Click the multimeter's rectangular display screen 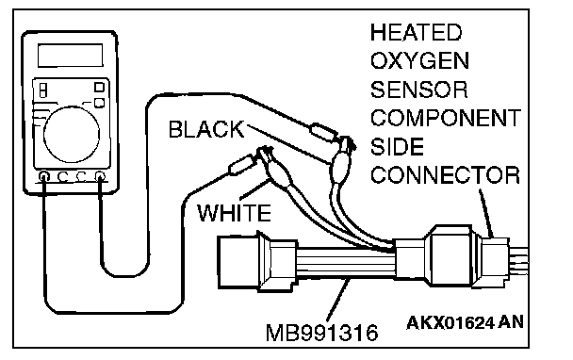click(x=70, y=56)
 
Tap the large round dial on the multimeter click(x=72, y=134)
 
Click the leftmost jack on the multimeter click(x=44, y=177)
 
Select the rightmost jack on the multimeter click(x=100, y=177)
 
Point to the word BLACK click(x=206, y=129)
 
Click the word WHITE click(x=235, y=213)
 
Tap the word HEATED click(x=417, y=33)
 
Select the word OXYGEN click(x=420, y=61)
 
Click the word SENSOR click(x=419, y=90)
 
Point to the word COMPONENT click(x=446, y=118)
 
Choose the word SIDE click(x=397, y=147)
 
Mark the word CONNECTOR click(x=445, y=175)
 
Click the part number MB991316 click(x=322, y=333)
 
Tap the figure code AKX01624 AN click(x=465, y=322)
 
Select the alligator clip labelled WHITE click(x=275, y=168)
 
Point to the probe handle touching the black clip click(x=324, y=132)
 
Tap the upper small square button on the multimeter click(x=99, y=87)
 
